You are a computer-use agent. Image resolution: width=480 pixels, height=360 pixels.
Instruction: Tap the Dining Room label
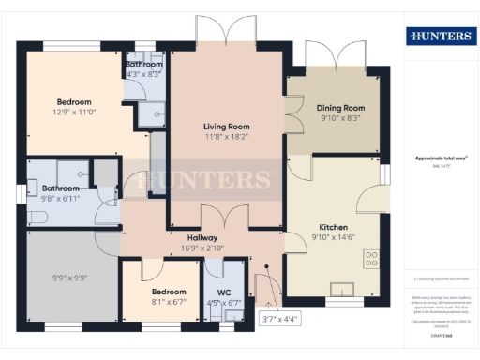[x=339, y=108]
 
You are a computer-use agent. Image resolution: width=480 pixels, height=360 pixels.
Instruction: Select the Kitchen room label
[x=334, y=228]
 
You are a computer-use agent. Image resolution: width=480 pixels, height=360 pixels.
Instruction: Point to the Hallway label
[x=202, y=238]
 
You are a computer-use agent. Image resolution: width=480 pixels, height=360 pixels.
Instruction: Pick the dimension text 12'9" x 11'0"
[x=73, y=112]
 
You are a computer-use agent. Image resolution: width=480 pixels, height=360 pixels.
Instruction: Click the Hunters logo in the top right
[x=439, y=37]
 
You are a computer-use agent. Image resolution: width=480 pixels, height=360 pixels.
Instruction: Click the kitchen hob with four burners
[x=370, y=259]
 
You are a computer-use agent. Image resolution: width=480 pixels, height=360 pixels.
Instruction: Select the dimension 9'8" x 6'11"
[x=62, y=199]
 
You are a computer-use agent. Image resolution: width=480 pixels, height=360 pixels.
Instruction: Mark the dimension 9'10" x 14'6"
[x=334, y=239]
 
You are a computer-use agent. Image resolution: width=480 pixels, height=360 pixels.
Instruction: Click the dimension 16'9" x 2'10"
[x=202, y=249]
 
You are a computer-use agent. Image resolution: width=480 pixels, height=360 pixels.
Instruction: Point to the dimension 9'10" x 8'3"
[x=339, y=119]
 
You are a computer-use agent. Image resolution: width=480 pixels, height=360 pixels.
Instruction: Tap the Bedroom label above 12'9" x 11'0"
[x=73, y=102]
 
